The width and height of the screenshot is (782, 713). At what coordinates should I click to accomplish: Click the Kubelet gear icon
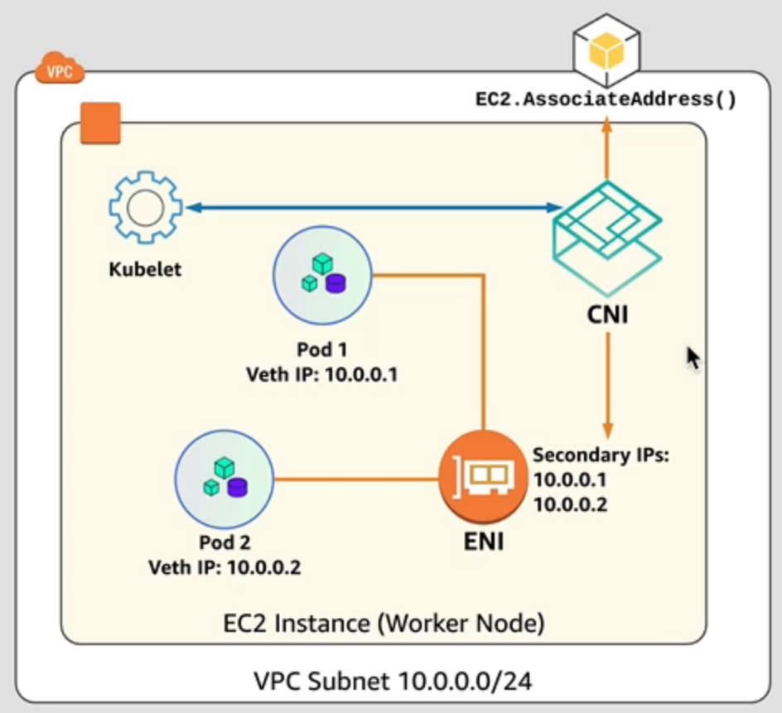(145, 206)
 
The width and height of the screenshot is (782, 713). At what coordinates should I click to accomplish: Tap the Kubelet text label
(145, 269)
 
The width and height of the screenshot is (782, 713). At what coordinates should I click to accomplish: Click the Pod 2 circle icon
(224, 479)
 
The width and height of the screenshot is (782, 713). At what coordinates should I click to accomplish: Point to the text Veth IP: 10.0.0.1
(322, 375)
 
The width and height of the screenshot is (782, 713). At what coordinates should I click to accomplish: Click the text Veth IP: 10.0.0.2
(224, 568)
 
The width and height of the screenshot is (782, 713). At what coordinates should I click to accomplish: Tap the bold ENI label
(483, 543)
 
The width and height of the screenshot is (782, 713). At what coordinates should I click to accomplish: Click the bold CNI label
(607, 315)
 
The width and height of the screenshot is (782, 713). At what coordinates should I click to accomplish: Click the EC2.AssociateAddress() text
(606, 100)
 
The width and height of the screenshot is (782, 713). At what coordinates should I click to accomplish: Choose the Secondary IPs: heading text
(600, 455)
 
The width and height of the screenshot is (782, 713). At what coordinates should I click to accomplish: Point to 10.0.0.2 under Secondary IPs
(570, 503)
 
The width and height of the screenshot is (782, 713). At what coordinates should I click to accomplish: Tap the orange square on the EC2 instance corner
(100, 123)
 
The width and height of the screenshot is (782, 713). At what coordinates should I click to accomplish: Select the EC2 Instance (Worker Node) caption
(384, 622)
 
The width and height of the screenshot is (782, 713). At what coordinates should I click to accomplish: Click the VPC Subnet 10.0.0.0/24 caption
(393, 682)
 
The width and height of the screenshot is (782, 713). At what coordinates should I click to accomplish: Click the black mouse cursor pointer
(693, 359)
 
